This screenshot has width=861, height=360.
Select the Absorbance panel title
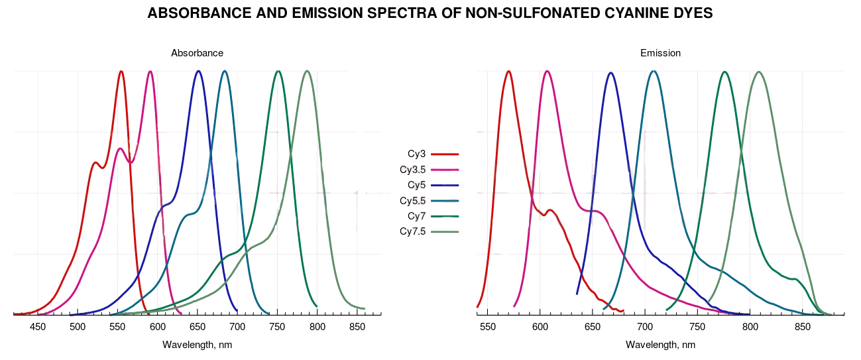tap(197, 53)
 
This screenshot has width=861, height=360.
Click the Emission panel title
tap(660, 53)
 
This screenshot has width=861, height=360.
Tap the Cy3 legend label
tap(416, 154)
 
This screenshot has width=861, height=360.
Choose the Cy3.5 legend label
tap(412, 170)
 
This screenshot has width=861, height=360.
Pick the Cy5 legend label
tap(416, 185)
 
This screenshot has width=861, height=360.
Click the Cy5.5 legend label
tap(412, 200)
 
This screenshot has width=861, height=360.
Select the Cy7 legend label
tap(416, 216)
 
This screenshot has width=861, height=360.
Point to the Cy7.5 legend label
tap(412, 231)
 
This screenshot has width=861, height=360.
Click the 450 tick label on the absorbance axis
tap(38, 327)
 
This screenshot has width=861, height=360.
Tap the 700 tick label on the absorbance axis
tap(237, 327)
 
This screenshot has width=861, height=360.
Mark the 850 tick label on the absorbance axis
tap(357, 327)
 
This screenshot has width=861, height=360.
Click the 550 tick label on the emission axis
tap(488, 327)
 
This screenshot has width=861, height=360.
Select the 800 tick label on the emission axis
tap(750, 327)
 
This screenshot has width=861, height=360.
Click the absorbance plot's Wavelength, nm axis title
tap(197, 345)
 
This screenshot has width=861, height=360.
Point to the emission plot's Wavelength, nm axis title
tap(660, 345)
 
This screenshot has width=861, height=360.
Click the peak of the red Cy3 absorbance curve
tap(121, 72)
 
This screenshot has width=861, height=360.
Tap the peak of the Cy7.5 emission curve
tap(758, 72)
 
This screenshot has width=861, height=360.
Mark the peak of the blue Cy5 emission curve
tap(610, 73)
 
